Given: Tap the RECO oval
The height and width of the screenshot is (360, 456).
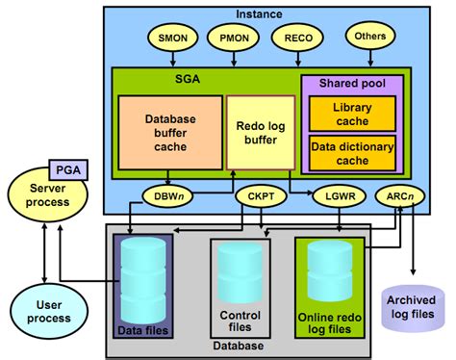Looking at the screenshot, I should click(x=295, y=39).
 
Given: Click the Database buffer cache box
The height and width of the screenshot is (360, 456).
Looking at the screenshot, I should click(x=170, y=131).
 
